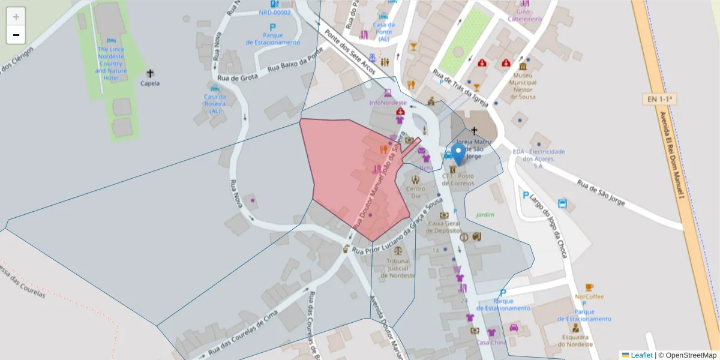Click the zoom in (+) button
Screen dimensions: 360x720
(16, 17)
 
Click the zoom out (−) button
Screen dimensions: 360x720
(16, 35)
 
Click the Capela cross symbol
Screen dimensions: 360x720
(149, 73)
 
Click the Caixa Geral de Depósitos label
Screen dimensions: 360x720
(444, 227)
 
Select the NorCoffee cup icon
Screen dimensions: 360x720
(589, 287)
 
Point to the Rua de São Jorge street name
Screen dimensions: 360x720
(601, 193)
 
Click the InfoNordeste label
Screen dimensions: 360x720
(388, 103)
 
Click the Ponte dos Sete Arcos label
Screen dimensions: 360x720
(350, 53)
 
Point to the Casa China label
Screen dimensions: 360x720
(491, 343)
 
